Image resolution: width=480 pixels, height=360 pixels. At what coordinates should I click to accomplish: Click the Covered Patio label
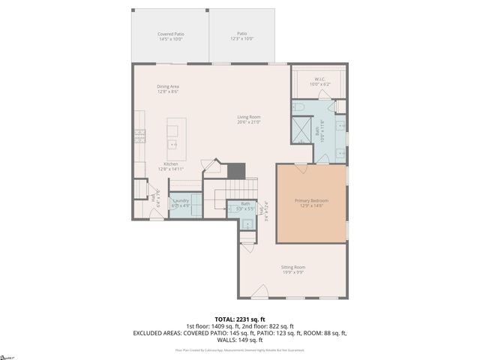(170, 37)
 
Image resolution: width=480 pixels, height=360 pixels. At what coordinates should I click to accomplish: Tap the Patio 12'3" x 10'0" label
(241, 37)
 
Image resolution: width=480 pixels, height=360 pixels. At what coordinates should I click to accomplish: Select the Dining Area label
(167, 89)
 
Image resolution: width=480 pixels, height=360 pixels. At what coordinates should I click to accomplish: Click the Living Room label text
(249, 119)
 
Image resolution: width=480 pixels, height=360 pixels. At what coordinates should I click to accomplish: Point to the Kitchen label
(171, 166)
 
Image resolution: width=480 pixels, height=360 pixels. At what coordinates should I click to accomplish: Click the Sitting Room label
(293, 268)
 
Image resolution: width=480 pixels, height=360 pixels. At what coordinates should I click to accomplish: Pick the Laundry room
(181, 202)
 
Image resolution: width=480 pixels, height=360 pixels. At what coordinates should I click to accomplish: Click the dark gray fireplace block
(236, 171)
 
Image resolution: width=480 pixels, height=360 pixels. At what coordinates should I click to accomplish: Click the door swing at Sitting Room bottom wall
(260, 291)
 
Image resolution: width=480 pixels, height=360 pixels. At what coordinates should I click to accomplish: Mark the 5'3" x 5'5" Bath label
(245, 205)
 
